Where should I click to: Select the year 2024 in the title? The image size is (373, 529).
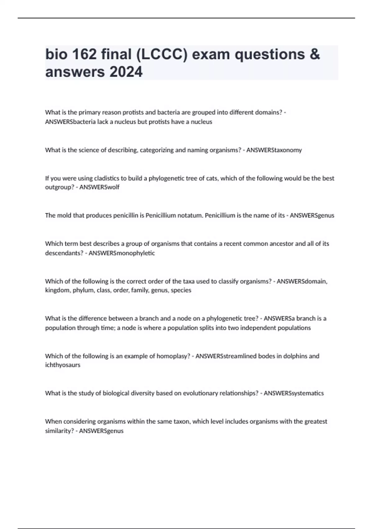click(x=126, y=72)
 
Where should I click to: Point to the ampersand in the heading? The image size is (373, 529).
click(x=315, y=54)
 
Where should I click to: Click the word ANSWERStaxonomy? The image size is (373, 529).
click(x=274, y=150)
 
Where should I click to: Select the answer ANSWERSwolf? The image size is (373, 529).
click(x=99, y=187)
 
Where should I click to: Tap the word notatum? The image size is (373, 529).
click(x=190, y=215)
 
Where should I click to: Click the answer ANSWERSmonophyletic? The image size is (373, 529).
click(x=122, y=253)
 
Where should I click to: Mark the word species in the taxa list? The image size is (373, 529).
click(x=181, y=290)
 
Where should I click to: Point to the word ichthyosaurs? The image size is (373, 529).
click(x=62, y=365)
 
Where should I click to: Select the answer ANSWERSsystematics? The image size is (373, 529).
click(x=293, y=393)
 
